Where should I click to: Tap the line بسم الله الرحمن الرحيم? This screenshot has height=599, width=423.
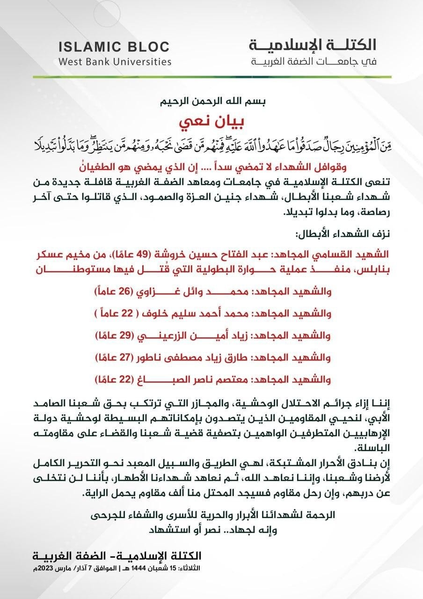click(211, 102)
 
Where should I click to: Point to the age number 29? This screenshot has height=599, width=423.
click(125, 336)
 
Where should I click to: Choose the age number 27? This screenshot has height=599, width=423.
click(125, 358)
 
